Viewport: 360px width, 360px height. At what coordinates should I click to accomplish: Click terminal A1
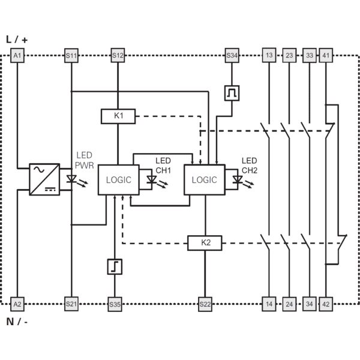[17, 55]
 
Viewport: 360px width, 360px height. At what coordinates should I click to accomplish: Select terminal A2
[17, 304]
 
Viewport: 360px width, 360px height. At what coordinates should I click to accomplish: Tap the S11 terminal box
[71, 55]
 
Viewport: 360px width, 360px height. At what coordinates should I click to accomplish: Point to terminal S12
[118, 55]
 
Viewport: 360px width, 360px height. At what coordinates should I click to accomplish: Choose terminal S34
[232, 55]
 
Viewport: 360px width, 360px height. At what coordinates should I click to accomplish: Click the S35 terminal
[115, 304]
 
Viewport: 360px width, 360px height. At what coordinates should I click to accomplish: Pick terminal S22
[205, 304]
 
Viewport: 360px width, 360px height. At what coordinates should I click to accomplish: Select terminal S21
[71, 304]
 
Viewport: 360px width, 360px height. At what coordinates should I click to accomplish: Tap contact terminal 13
[269, 55]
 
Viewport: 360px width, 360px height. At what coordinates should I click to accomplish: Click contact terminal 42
[326, 304]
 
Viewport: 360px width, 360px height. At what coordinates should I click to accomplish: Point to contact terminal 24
[289, 304]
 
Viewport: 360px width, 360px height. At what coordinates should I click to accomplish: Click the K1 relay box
[118, 116]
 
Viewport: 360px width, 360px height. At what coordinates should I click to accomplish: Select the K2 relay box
[205, 243]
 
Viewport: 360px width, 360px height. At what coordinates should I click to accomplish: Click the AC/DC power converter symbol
[44, 179]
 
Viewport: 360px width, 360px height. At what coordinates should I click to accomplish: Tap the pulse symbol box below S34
[232, 93]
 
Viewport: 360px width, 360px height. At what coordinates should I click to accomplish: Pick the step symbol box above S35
[115, 266]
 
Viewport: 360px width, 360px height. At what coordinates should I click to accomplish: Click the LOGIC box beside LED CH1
[119, 180]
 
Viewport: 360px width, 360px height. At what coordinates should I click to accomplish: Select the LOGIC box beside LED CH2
[205, 180]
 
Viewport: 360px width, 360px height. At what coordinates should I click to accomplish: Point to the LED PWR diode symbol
[71, 179]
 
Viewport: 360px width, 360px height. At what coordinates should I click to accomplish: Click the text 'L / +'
[17, 40]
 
